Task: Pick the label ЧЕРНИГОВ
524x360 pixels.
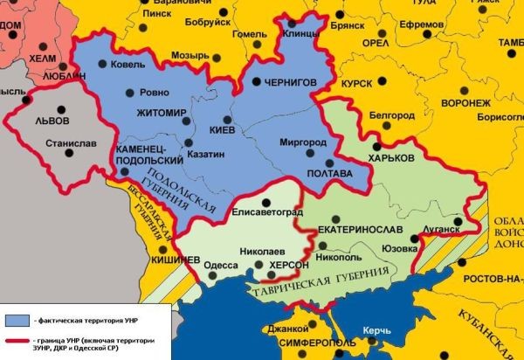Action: pos(289,81)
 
